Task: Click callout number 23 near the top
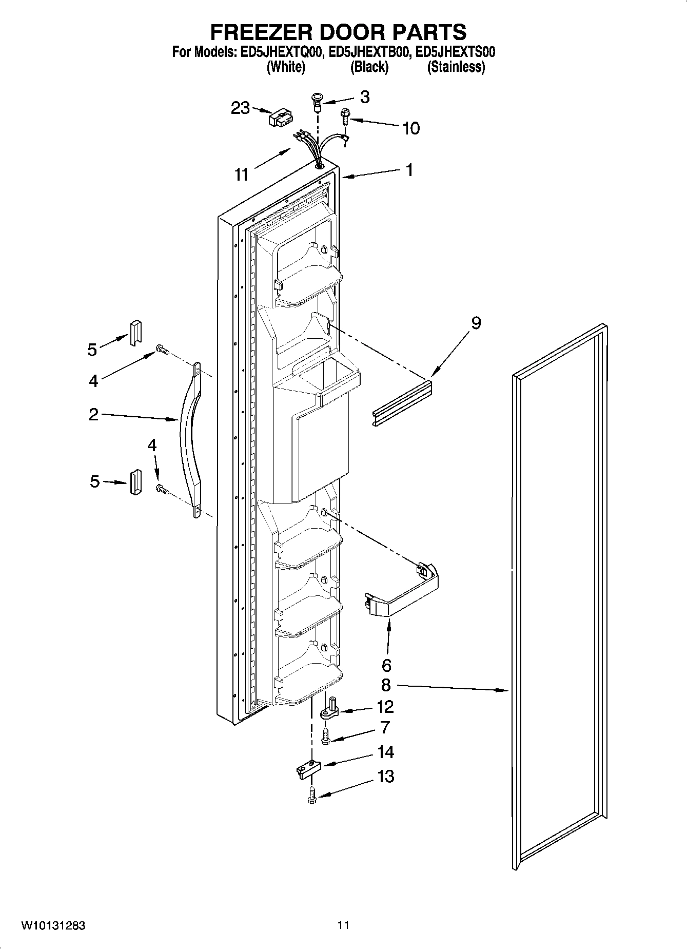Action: (240, 108)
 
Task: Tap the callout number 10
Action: (411, 128)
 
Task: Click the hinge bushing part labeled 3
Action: (318, 102)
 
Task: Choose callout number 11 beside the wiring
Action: (241, 175)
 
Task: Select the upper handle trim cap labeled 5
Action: (134, 332)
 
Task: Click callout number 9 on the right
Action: (476, 323)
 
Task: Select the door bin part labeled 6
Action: (403, 590)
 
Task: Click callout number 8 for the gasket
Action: (386, 685)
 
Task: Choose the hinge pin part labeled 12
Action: (330, 708)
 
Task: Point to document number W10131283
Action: (53, 925)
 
